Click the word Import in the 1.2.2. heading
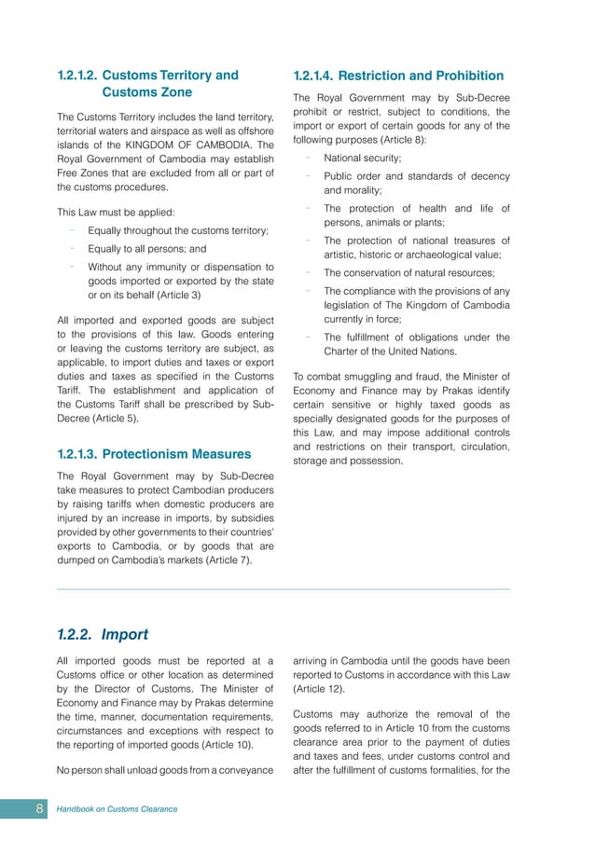coord(125,635)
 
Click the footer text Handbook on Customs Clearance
coord(118,808)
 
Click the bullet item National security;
coord(362,159)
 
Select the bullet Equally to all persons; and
coord(147,249)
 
